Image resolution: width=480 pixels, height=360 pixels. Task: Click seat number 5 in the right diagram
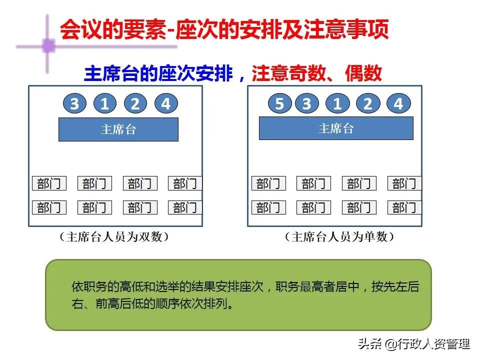279,104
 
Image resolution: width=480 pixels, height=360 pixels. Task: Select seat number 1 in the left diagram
104,104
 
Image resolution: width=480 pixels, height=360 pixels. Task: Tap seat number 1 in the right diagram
337,104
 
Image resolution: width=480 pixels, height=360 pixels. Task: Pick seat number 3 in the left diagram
74,104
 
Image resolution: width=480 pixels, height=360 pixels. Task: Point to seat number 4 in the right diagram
398,104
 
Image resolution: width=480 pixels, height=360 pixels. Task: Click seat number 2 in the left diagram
135,104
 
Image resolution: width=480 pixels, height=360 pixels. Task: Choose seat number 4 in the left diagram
166,104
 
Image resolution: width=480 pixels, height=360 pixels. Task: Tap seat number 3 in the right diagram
307,104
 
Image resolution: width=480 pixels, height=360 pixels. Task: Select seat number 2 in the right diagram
368,104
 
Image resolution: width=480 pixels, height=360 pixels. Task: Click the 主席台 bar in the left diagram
118,129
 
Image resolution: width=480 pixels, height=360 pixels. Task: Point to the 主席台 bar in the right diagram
336,128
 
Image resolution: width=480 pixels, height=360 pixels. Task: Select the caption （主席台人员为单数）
339,237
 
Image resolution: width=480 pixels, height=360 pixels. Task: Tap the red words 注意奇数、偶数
316,74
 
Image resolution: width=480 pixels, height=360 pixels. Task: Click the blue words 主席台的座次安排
158,74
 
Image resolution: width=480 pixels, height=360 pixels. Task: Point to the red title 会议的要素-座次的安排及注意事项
224,30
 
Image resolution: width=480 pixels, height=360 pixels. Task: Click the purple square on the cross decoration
48,46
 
